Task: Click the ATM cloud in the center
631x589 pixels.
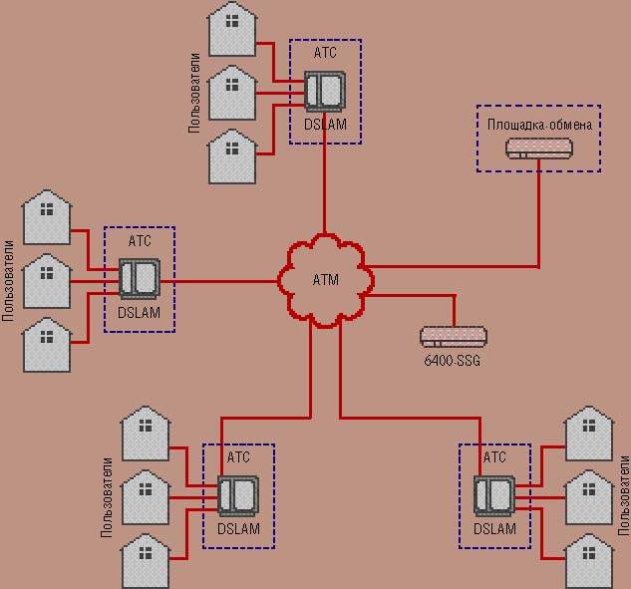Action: pyautogui.click(x=325, y=279)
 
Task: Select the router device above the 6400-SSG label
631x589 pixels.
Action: pyautogui.click(x=453, y=337)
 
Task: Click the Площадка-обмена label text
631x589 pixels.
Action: pyautogui.click(x=539, y=126)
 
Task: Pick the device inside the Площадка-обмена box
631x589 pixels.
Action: pyautogui.click(x=539, y=148)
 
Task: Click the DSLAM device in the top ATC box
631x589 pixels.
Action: pyautogui.click(x=324, y=92)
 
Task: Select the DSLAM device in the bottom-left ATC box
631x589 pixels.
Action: pyautogui.click(x=238, y=495)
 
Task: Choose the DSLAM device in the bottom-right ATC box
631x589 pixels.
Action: pyautogui.click(x=493, y=495)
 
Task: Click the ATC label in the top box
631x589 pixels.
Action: pyautogui.click(x=325, y=53)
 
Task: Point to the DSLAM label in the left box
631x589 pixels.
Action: pyautogui.click(x=139, y=313)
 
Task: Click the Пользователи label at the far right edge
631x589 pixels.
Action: pyautogui.click(x=624, y=495)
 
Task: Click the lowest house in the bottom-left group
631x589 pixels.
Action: pyautogui.click(x=146, y=562)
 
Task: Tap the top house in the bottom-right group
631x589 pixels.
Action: pyautogui.click(x=588, y=434)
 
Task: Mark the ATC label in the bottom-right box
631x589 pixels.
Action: pyautogui.click(x=494, y=457)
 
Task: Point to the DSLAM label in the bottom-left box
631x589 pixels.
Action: pyautogui.click(x=238, y=529)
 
